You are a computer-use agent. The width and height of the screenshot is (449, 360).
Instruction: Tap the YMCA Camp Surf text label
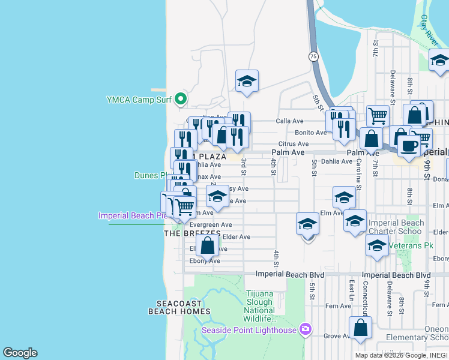pos(139,100)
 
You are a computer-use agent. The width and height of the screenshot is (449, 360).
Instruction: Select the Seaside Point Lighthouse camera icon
pos(306,329)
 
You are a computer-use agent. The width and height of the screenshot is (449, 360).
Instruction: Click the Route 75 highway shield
pos(313,56)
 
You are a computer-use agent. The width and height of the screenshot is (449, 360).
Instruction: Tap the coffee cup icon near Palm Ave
pos(409,146)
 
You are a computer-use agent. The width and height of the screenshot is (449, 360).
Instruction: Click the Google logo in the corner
pos(20,353)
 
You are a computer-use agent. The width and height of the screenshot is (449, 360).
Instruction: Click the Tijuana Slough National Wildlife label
pos(260,305)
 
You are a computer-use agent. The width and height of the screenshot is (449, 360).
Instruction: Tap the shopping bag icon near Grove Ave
pos(360,328)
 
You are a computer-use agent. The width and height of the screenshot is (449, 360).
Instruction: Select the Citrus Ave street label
pos(294,143)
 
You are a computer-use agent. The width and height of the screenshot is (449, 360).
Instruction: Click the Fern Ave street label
pos(338,306)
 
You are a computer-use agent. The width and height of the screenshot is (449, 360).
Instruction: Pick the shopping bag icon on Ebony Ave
pos(207,245)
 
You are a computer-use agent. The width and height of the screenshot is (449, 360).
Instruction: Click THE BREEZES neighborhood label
pos(188,233)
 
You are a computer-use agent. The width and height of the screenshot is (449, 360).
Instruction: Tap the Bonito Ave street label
pos(310,132)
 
